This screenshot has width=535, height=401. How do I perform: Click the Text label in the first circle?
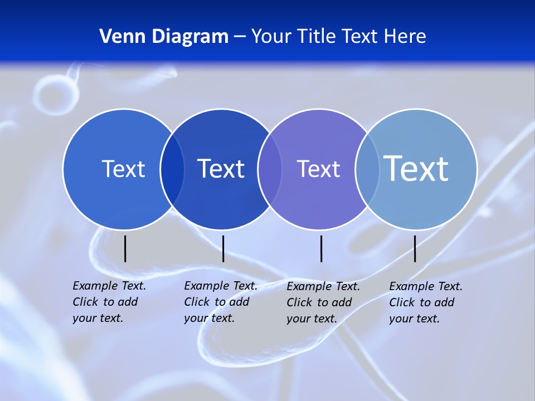(123, 169)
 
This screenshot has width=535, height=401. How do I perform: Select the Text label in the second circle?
(221, 169)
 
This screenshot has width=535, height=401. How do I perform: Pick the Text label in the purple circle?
(318, 169)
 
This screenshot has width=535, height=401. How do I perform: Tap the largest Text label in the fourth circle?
(416, 168)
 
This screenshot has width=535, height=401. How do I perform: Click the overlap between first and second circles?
(172, 169)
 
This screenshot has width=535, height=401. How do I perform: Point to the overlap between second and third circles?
(270, 169)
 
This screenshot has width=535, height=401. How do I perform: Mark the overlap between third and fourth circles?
(367, 169)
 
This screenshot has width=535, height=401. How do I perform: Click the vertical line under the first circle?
(125, 248)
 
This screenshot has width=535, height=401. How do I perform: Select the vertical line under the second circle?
(223, 248)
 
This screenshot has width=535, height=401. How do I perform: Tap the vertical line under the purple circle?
(322, 248)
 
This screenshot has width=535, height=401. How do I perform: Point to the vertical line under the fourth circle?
(415, 248)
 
